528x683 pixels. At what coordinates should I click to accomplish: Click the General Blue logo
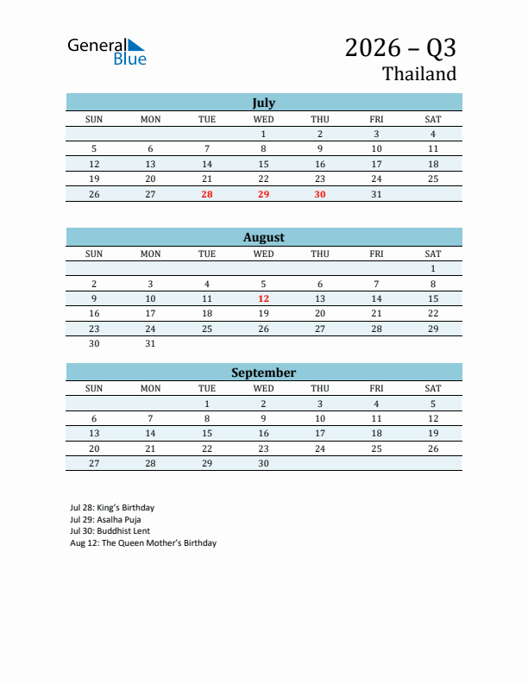click(x=107, y=51)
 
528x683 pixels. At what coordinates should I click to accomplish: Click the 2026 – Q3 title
click(x=400, y=47)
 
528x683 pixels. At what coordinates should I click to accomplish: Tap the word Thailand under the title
click(x=419, y=74)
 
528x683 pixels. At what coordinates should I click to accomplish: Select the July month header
click(x=263, y=102)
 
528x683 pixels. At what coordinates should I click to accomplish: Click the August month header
click(x=263, y=237)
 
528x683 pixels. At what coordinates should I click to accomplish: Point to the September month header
click(x=263, y=373)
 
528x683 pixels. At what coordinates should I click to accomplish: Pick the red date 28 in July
click(x=207, y=194)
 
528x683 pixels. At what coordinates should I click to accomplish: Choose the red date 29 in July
click(x=263, y=194)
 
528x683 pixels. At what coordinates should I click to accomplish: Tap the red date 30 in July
click(x=320, y=194)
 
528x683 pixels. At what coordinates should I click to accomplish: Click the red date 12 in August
click(x=263, y=298)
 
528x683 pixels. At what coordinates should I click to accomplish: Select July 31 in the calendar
click(x=376, y=194)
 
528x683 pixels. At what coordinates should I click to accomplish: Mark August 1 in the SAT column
click(x=433, y=268)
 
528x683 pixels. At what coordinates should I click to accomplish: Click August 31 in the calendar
click(x=150, y=343)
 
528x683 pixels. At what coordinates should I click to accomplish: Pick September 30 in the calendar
click(x=263, y=463)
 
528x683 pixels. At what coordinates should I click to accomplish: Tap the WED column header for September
click(x=263, y=388)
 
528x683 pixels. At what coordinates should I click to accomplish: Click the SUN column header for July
click(x=94, y=118)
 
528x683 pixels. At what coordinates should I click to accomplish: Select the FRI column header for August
click(x=376, y=254)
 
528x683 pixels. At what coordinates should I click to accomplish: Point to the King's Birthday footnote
click(x=112, y=508)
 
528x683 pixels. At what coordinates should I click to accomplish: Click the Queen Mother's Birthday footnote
click(x=143, y=543)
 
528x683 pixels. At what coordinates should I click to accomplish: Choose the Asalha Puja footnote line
click(x=105, y=520)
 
